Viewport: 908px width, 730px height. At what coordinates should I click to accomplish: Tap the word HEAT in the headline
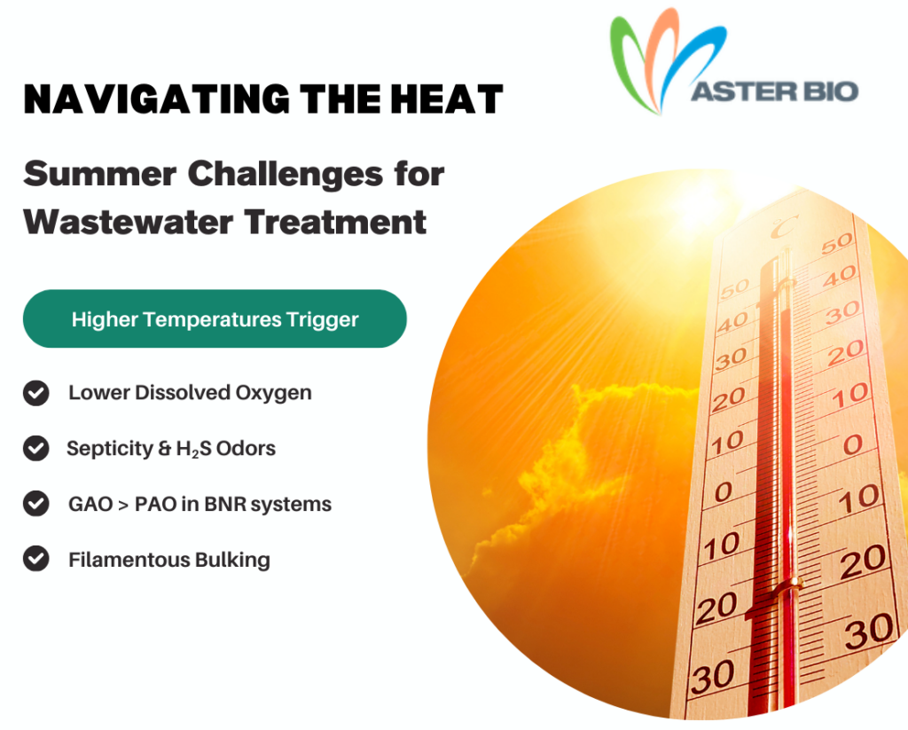447,99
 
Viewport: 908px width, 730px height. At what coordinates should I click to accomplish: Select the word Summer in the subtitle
100,174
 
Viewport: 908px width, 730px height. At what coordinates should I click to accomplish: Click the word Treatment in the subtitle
335,222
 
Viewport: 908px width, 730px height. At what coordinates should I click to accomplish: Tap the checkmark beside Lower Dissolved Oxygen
35,393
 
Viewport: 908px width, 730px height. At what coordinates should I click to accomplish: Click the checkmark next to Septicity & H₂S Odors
35,449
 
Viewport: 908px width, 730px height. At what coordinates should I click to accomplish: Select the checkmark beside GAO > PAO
35,504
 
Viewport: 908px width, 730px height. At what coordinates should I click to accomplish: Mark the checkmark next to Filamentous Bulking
35,559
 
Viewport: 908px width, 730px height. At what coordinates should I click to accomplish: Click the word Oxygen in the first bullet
273,394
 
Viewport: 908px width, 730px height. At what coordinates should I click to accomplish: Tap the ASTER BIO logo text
775,91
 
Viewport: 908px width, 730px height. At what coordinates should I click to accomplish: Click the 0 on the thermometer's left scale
724,492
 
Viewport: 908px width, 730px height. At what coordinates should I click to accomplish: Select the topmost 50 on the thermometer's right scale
837,243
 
